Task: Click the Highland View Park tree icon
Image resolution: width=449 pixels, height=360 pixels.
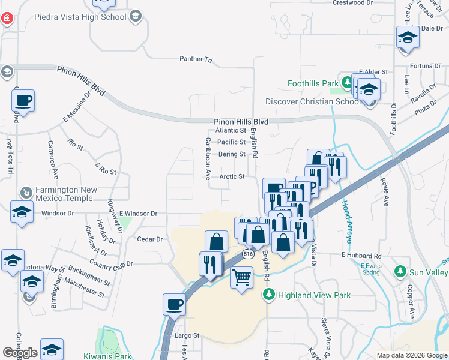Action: tap(269, 295)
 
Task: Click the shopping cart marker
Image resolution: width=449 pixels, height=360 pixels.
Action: tap(241, 278)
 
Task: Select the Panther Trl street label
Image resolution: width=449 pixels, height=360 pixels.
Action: tap(196, 59)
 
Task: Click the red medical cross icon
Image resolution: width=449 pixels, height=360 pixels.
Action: tap(7, 18)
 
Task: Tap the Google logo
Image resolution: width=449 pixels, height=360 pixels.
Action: tap(20, 353)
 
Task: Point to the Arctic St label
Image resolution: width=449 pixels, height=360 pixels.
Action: tap(232, 177)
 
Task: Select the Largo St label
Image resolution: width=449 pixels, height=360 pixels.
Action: tap(186, 336)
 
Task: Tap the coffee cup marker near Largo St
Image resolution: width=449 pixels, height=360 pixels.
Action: tap(174, 304)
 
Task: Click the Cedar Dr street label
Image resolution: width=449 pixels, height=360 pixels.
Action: tap(150, 239)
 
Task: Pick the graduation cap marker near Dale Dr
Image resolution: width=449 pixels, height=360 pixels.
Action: tap(408, 37)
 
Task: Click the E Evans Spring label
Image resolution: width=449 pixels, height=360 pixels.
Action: tap(370, 268)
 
